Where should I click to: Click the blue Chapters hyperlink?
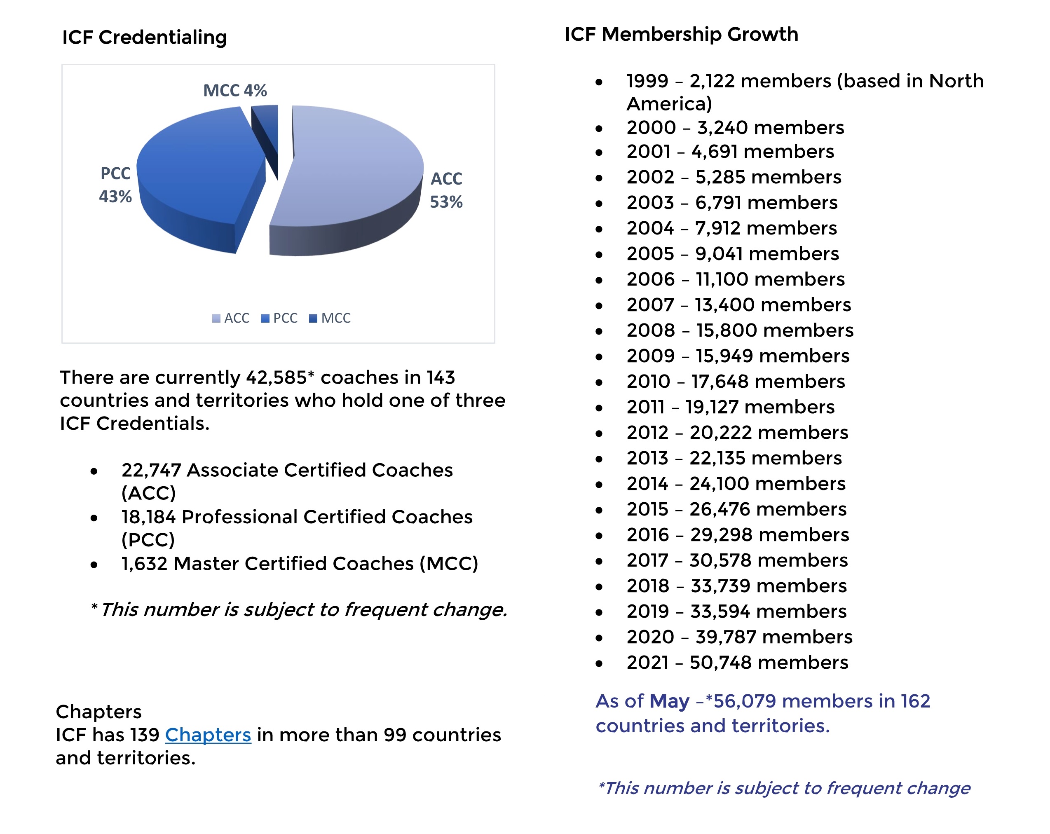click(208, 735)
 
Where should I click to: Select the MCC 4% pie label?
click(235, 91)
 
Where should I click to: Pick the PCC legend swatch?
click(265, 319)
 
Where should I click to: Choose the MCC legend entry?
click(330, 319)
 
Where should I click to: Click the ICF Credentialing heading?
click(144, 37)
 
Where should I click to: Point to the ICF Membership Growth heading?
click(681, 35)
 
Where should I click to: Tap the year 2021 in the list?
click(647, 663)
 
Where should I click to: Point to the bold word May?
click(669, 701)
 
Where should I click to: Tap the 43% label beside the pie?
click(115, 197)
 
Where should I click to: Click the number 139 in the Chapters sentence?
click(145, 735)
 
